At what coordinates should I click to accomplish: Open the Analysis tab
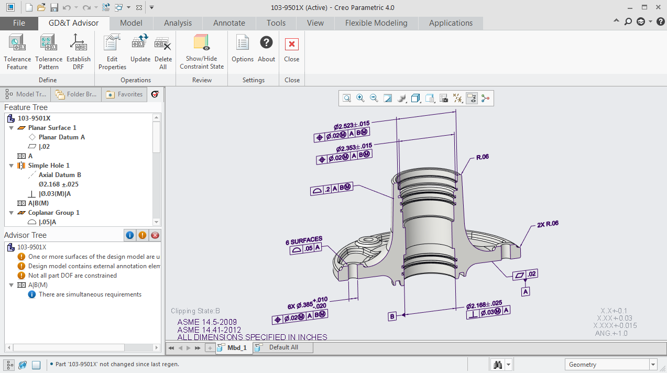pos(178,23)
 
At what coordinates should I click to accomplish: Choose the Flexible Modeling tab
pos(376,23)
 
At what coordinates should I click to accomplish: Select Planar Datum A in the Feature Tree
pos(61,137)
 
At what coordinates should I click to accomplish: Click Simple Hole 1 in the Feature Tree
pos(49,166)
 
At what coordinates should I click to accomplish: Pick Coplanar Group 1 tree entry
pos(53,213)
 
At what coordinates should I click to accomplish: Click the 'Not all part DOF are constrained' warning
pos(72,276)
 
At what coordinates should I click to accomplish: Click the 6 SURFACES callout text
pos(304,240)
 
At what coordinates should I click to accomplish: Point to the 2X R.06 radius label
pos(548,224)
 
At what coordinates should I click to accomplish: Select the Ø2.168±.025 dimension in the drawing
pos(484,303)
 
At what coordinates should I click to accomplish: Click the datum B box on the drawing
pos(392,316)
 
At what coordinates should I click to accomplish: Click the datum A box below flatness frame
pos(526,291)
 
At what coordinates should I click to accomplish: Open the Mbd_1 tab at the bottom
pos(236,348)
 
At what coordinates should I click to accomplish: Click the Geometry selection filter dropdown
pos(611,365)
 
